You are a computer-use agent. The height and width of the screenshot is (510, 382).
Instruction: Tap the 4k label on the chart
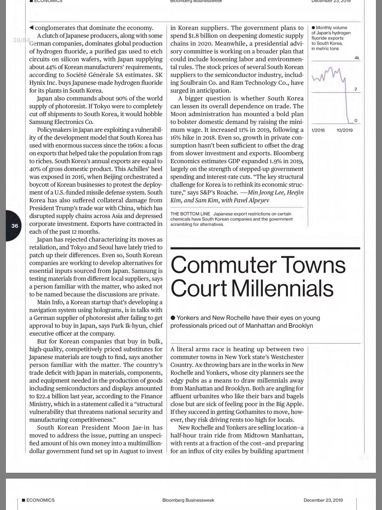(357, 58)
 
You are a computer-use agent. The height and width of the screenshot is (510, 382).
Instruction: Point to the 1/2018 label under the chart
(318, 130)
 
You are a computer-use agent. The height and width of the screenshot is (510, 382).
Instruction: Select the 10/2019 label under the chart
(345, 130)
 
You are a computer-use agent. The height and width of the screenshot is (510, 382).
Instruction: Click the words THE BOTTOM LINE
(190, 214)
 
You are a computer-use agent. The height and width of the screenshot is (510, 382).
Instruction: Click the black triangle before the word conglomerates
(31, 28)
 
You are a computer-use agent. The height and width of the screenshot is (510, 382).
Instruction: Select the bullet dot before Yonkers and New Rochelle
(173, 318)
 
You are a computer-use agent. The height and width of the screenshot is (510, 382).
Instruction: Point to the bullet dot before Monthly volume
(313, 28)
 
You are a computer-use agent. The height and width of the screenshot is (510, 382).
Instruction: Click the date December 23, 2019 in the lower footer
(323, 500)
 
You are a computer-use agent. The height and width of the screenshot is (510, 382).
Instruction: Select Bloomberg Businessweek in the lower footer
(188, 500)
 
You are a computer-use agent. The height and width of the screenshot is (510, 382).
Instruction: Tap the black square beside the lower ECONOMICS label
(23, 500)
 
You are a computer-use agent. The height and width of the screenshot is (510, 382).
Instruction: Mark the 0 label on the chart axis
(356, 121)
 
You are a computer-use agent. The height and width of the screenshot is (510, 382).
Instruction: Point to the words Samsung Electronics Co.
(61, 122)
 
